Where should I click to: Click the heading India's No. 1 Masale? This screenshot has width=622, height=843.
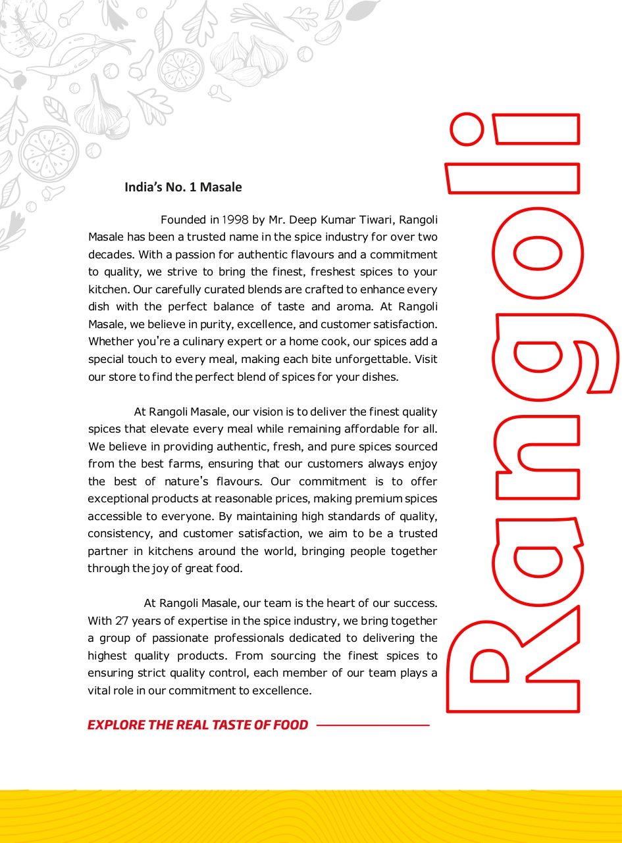click(x=183, y=187)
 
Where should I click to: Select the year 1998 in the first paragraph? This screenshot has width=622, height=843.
click(x=235, y=220)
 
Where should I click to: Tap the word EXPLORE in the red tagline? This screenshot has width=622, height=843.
click(x=116, y=725)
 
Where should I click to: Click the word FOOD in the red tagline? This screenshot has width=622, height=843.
click(x=290, y=725)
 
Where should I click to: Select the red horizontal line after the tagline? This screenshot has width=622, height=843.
click(x=373, y=725)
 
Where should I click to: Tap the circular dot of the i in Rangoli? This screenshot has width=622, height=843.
click(x=467, y=129)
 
